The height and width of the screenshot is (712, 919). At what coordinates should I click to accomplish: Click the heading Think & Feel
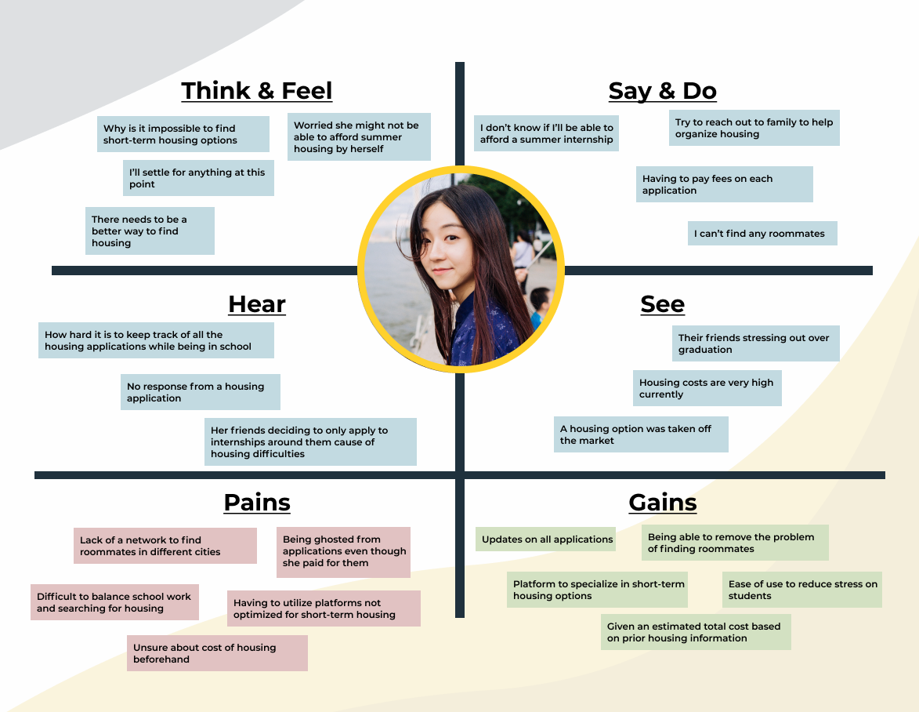pyautogui.click(x=257, y=91)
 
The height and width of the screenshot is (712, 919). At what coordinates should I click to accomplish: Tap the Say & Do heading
pyautogui.click(x=662, y=91)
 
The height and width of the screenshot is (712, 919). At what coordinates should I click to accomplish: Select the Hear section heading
pyautogui.click(x=257, y=304)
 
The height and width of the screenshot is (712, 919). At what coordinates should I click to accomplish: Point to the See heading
pyautogui.click(x=662, y=304)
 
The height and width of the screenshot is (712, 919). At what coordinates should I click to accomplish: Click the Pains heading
pyautogui.click(x=257, y=503)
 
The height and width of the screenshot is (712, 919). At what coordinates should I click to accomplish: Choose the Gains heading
pyautogui.click(x=662, y=503)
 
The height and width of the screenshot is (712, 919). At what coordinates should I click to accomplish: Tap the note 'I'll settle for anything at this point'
pyautogui.click(x=198, y=179)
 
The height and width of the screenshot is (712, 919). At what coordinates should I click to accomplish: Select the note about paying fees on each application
pyautogui.click(x=724, y=184)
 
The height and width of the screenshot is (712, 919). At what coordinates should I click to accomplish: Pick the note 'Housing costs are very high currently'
pyautogui.click(x=707, y=388)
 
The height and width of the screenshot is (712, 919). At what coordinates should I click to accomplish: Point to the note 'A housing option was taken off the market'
pyautogui.click(x=641, y=434)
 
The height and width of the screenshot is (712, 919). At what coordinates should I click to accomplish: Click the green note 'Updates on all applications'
pyautogui.click(x=547, y=539)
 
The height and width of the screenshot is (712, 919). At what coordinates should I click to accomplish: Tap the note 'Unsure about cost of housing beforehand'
pyautogui.click(x=217, y=653)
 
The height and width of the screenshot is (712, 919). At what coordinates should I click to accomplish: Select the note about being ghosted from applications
pyautogui.click(x=344, y=551)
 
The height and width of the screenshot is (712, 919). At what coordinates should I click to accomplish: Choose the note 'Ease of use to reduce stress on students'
pyautogui.click(x=802, y=590)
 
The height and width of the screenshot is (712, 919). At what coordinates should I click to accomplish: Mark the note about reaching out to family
pyautogui.click(x=754, y=128)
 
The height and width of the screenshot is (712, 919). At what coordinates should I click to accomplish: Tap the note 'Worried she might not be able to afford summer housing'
pyautogui.click(x=359, y=136)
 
